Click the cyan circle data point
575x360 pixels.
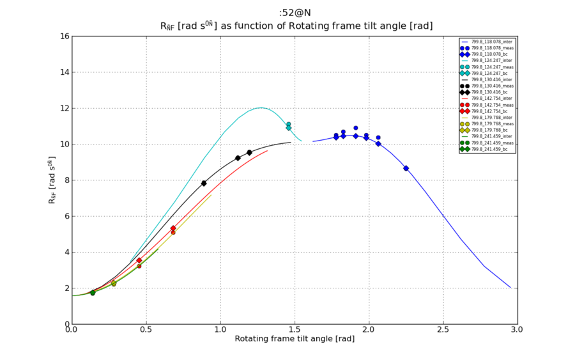(x=289, y=124)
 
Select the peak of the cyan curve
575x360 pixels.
(x=260, y=107)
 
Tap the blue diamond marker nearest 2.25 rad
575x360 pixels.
(x=406, y=168)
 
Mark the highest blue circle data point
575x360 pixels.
(x=356, y=128)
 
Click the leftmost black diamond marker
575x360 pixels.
(x=204, y=183)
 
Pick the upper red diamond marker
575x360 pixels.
(x=173, y=228)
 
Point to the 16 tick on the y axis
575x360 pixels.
(x=72, y=36)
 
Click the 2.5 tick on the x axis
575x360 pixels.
(x=443, y=324)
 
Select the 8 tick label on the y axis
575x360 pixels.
(x=65, y=180)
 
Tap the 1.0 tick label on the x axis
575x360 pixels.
(x=220, y=330)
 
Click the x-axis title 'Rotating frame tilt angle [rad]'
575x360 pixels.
(x=295, y=339)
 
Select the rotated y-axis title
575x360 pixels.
(x=52, y=180)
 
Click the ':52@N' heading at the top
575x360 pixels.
(x=295, y=12)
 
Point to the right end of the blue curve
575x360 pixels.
(x=510, y=288)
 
